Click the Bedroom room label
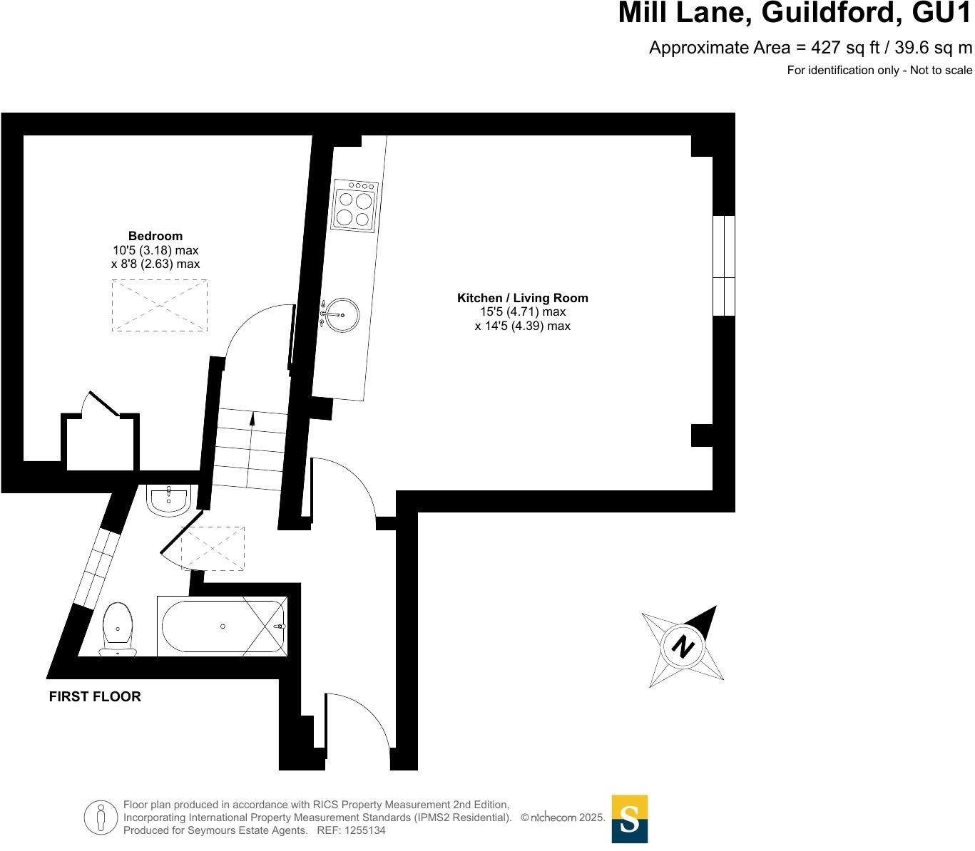click(155, 236)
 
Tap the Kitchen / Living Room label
click(523, 298)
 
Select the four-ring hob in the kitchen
click(354, 205)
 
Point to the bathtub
click(223, 626)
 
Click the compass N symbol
click(683, 646)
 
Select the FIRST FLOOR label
click(95, 696)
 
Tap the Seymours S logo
click(630, 819)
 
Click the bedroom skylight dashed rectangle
click(160, 306)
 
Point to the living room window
click(724, 265)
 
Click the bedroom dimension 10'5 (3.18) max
click(155, 250)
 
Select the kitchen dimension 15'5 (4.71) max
click(523, 311)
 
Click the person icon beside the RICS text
click(101, 818)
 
